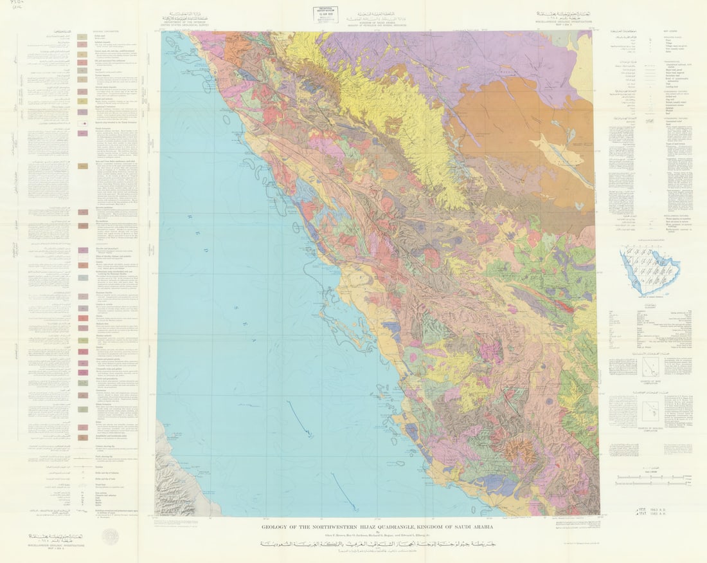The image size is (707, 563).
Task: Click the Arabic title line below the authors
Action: click(x=377, y=544)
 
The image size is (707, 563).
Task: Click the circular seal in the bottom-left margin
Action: click(x=111, y=536)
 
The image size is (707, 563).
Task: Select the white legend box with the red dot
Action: click(x=83, y=122)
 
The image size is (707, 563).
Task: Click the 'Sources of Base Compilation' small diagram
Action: click(x=649, y=367)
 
